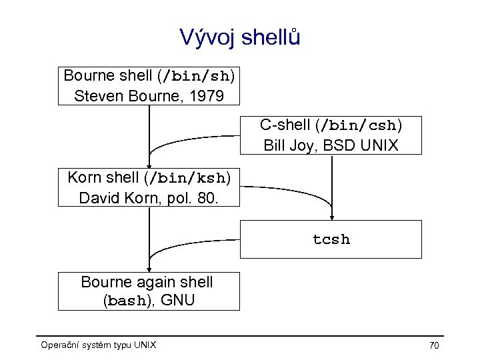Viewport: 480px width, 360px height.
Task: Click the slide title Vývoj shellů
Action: (x=240, y=37)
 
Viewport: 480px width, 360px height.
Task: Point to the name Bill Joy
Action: (x=288, y=145)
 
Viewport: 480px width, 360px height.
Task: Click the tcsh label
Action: (x=331, y=239)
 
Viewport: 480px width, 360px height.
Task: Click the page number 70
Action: (x=434, y=345)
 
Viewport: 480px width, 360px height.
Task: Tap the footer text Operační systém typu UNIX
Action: (x=98, y=345)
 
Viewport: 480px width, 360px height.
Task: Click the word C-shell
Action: (x=286, y=125)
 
